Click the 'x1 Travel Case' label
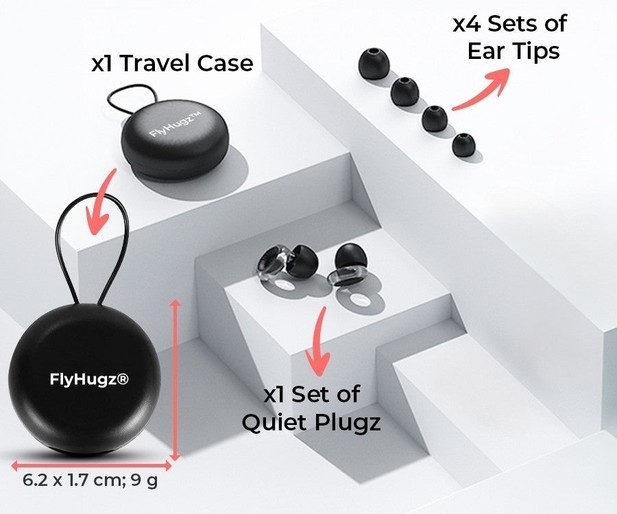172,64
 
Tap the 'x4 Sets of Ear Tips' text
509,37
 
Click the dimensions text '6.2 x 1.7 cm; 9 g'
90,480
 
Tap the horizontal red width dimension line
91,464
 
